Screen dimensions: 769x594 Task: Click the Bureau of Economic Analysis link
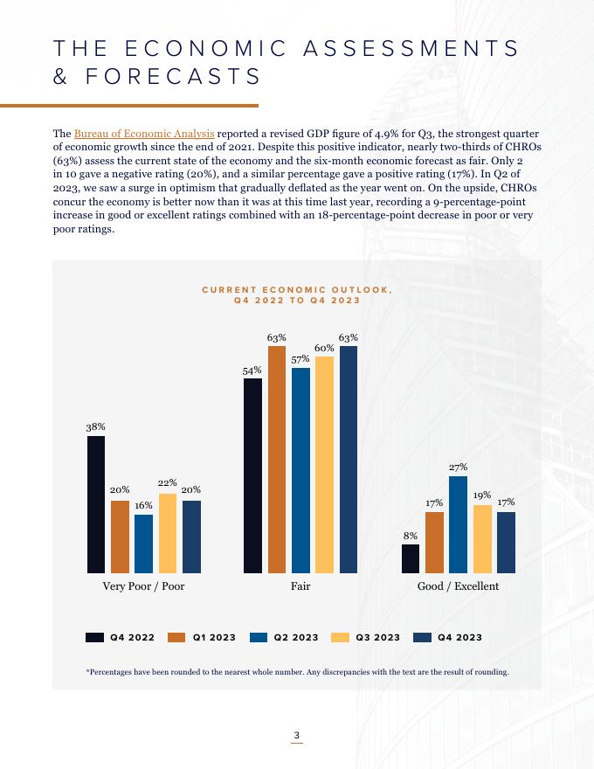[x=144, y=134]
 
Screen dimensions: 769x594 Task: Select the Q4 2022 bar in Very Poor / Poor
[x=96, y=504]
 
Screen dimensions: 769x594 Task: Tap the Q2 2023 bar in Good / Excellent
[x=458, y=524]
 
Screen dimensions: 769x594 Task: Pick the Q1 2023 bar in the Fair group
[x=277, y=459]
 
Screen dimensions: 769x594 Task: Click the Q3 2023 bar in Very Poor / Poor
[x=167, y=533]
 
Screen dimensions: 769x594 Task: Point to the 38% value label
[x=96, y=427]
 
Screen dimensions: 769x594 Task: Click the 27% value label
[x=459, y=468]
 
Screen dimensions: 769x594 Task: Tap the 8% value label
[x=410, y=536]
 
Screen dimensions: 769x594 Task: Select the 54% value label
[x=252, y=370]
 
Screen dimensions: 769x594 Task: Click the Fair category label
[x=300, y=585]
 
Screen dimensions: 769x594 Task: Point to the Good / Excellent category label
[x=458, y=585]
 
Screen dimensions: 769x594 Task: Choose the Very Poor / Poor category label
[x=144, y=585]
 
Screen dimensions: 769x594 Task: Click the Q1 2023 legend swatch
[x=176, y=637]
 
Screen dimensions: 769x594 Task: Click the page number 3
[x=297, y=735]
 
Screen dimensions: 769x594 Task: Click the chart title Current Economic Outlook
[x=297, y=294]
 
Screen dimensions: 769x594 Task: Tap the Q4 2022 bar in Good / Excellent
[x=411, y=558]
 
